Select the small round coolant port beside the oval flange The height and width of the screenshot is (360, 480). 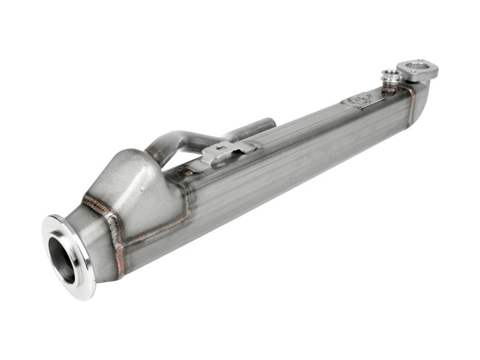(x=392, y=77)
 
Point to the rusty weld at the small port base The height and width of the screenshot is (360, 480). (x=388, y=89)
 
